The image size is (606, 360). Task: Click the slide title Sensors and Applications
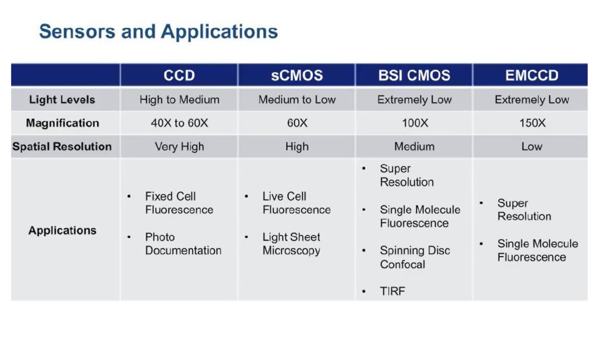pos(159,32)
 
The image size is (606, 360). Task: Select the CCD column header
pos(179,75)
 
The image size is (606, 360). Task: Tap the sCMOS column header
pos(297,75)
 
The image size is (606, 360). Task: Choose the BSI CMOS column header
pos(414,75)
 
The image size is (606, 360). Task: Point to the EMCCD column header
pos(532,75)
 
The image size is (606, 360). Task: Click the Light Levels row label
pos(62,99)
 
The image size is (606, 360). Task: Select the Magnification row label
pos(62,123)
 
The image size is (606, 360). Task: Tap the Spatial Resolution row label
pos(62,146)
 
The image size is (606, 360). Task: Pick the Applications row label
pos(62,230)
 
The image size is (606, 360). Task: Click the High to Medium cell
pos(179,100)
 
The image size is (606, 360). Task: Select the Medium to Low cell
pos(297,100)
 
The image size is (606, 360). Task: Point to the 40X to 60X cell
pos(179,123)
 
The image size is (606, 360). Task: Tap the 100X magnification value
pos(415,123)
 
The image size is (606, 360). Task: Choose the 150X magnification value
pos(532,123)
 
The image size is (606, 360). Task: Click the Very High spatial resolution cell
pos(179,147)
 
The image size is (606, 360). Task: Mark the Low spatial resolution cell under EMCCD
pos(532,147)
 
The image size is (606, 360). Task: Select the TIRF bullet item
pos(392,291)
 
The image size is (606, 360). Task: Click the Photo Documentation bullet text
pos(183,244)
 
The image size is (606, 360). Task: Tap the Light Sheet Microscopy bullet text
pos(292,244)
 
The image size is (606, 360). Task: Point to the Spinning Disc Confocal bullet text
pos(415,257)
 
